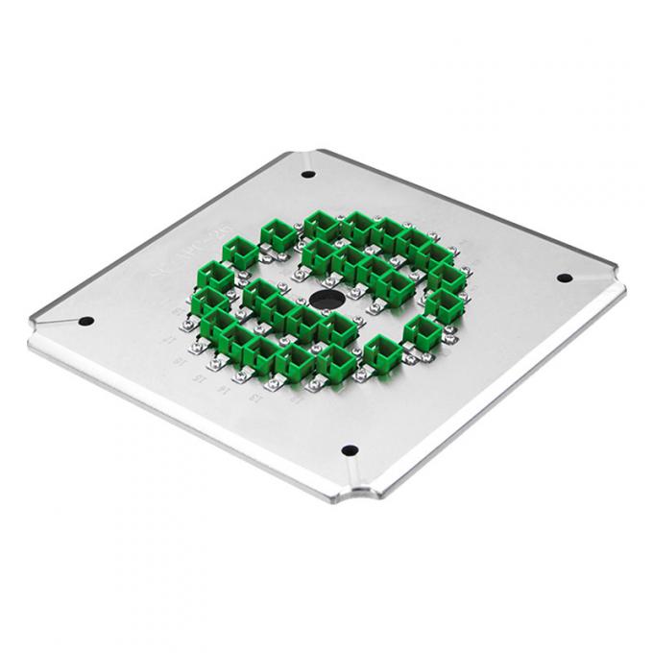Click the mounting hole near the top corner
(x=308, y=175)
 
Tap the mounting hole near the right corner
(x=565, y=278)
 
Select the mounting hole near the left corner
(x=85, y=321)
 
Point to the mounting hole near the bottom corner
(x=351, y=449)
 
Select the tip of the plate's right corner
(x=622, y=285)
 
